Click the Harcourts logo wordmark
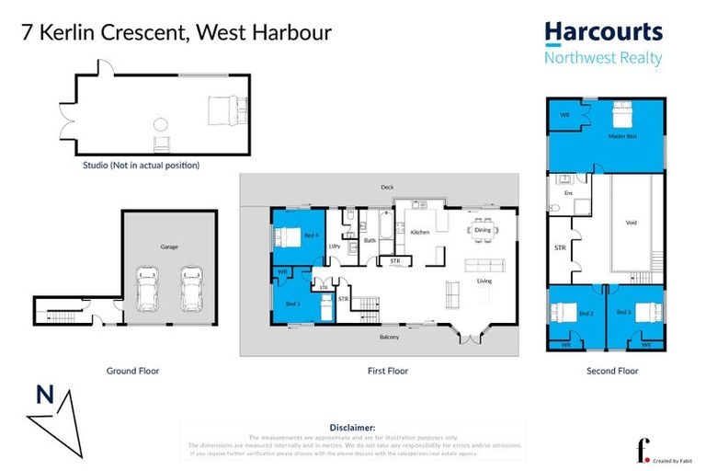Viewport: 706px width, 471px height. pos(603,32)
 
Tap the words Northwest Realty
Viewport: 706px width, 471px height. pos(603,59)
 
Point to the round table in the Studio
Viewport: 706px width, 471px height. pos(161,124)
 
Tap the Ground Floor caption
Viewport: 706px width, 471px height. pos(132,372)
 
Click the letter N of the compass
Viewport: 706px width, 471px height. pos(42,396)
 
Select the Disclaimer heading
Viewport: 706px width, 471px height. pos(352,428)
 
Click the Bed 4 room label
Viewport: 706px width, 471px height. pos(311,235)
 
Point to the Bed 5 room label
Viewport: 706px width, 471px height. pos(291,304)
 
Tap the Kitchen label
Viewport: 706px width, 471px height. pos(420,233)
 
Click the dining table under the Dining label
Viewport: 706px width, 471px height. pos(483,233)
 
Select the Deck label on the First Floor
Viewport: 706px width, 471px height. pos(388,188)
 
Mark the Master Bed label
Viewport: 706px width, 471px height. pos(622,136)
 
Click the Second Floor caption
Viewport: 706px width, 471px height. pos(612,372)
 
